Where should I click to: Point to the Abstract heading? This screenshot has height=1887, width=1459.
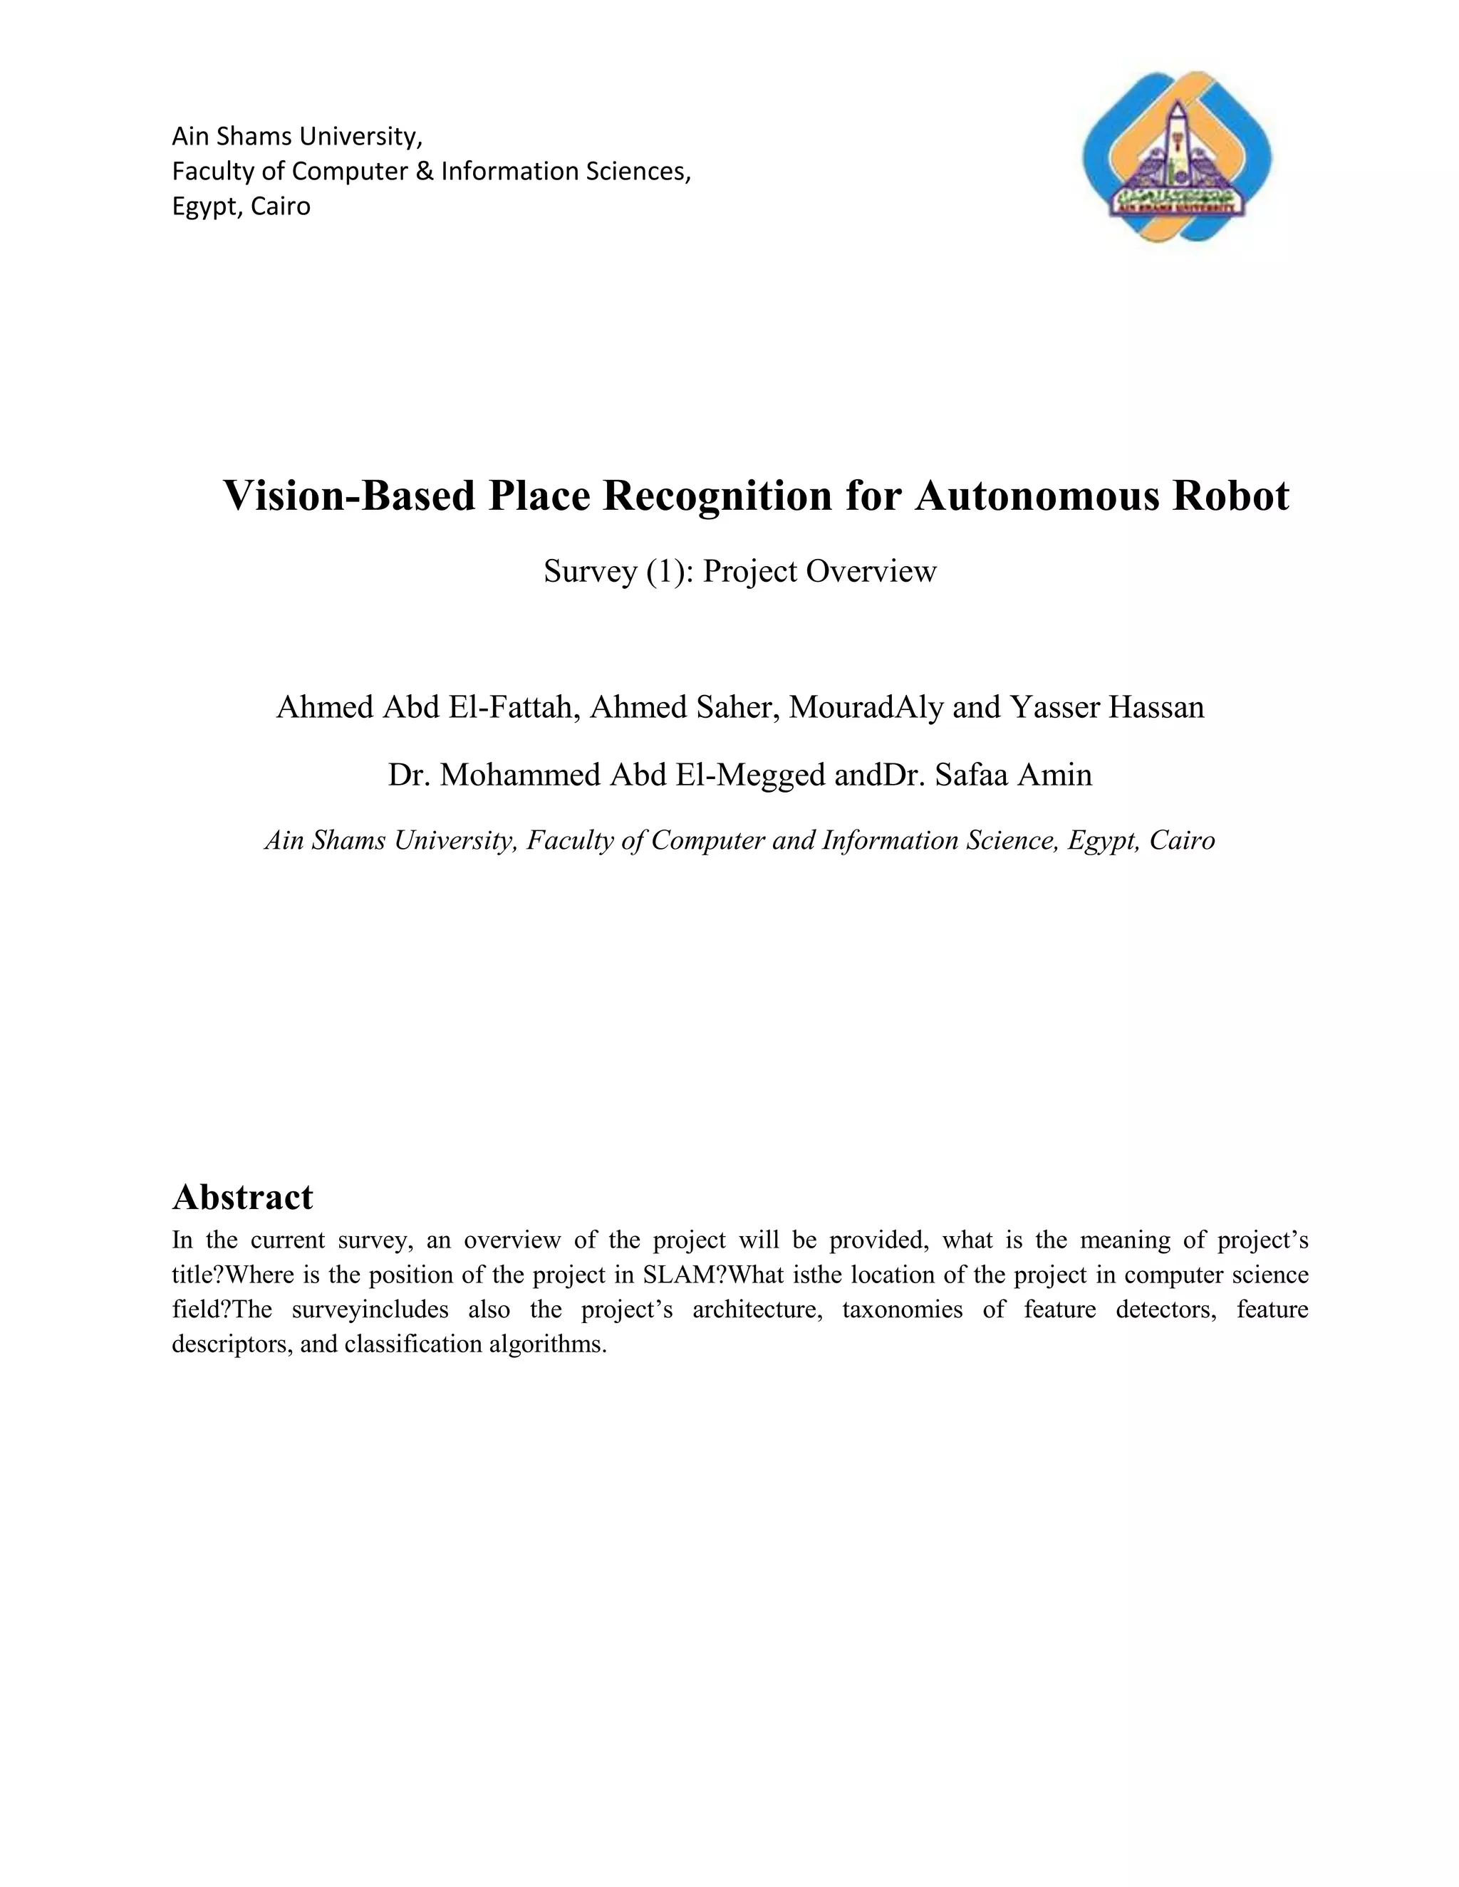pyautogui.click(x=242, y=1197)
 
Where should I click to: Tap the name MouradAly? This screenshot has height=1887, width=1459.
pyautogui.click(x=865, y=708)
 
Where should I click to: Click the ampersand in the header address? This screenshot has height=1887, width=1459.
pyautogui.click(x=424, y=172)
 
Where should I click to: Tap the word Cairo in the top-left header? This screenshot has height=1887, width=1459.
pyautogui.click(x=281, y=207)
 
